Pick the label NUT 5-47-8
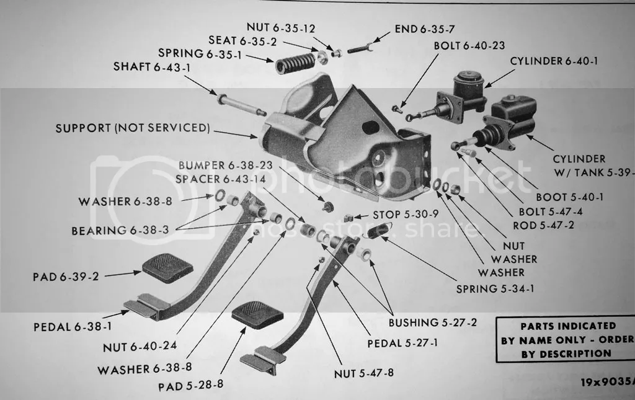click(x=363, y=373)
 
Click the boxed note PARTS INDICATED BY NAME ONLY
click(x=567, y=339)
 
